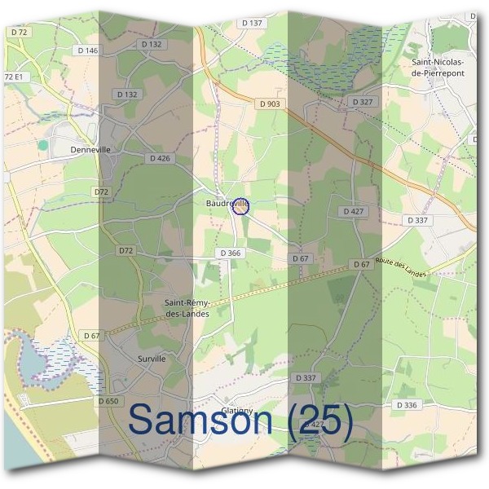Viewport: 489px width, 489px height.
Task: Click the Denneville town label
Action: tap(90, 150)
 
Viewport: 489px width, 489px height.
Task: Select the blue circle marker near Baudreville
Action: tap(240, 207)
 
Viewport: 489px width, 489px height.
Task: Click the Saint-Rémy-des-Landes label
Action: tap(187, 309)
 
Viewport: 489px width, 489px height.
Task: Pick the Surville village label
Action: tap(152, 358)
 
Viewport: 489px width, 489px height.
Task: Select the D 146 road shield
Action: tap(87, 51)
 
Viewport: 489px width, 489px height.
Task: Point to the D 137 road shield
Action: tap(253, 23)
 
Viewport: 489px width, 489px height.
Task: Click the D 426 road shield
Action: tap(160, 158)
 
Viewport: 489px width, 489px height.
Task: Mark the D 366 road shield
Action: tap(231, 253)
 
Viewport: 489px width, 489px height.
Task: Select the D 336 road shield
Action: tap(406, 405)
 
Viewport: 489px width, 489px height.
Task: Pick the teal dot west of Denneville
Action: tap(42, 144)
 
